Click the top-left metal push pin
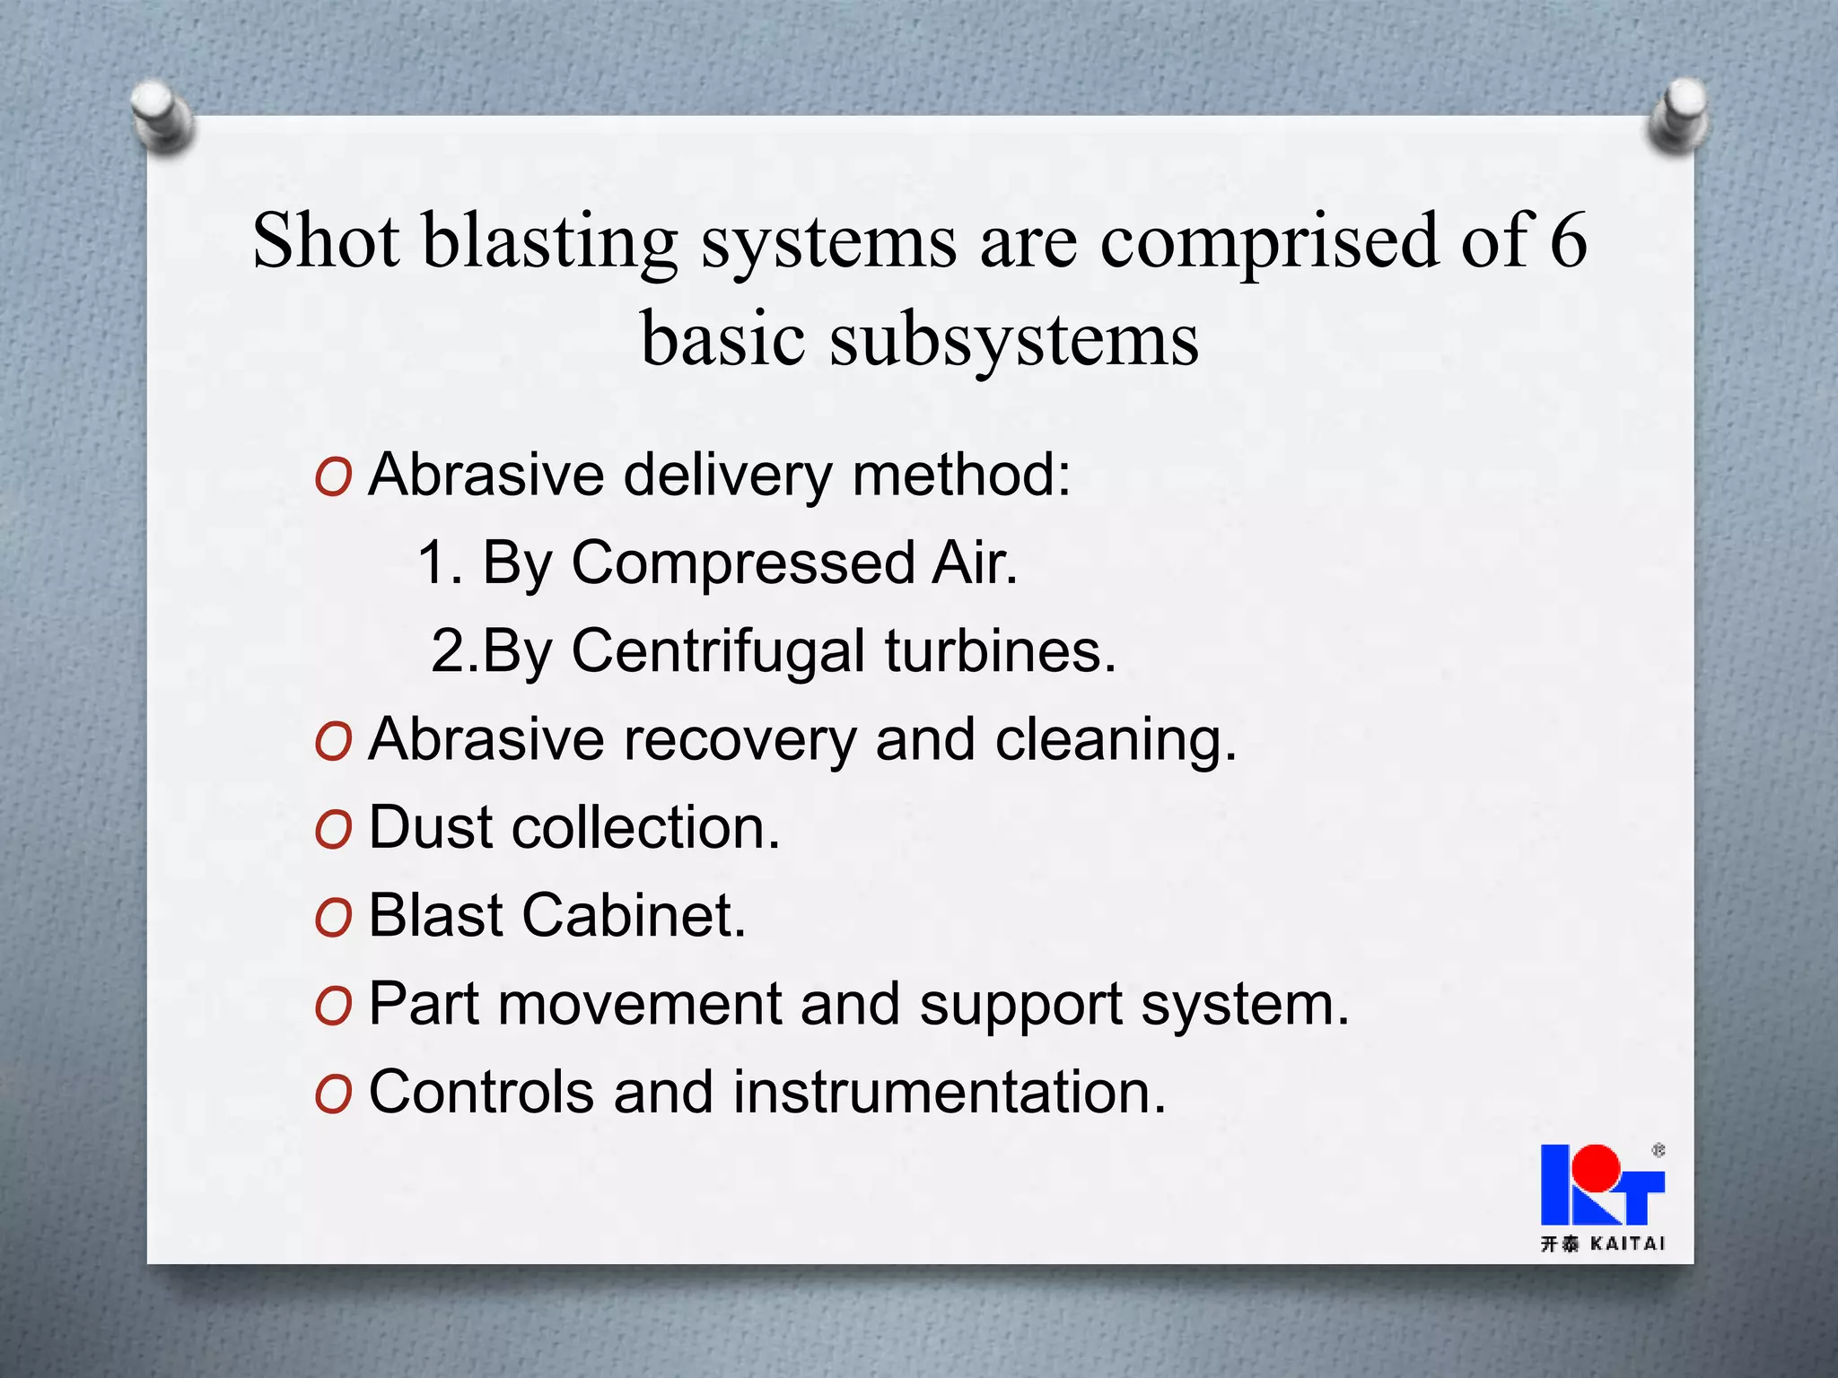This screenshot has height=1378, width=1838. pyautogui.click(x=162, y=115)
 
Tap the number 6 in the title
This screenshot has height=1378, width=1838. pyautogui.click(x=1568, y=240)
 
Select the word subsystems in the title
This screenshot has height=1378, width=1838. pyautogui.click(x=1014, y=341)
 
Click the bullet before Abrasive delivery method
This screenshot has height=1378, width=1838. pyautogui.click(x=334, y=477)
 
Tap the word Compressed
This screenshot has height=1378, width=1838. pyautogui.click(x=743, y=563)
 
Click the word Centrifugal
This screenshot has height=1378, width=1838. pyautogui.click(x=718, y=650)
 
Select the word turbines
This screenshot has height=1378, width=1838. pyautogui.click(x=1001, y=650)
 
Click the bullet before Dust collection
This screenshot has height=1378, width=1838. pyautogui.click(x=334, y=830)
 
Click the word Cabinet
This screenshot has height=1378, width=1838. pyautogui.click(x=633, y=916)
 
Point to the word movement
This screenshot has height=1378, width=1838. pyautogui.click(x=640, y=1004)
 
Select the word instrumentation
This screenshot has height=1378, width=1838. pyautogui.click(x=949, y=1093)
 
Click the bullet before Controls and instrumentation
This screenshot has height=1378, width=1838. pyautogui.click(x=334, y=1095)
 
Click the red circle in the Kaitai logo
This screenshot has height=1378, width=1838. pyautogui.click(x=1597, y=1166)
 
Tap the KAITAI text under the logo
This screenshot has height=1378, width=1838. pyautogui.click(x=1627, y=1243)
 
